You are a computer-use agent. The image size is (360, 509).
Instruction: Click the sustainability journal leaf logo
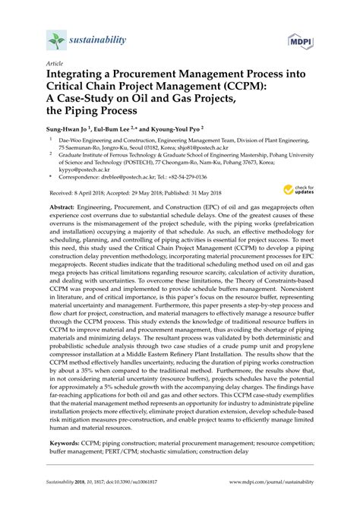tap(55, 40)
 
